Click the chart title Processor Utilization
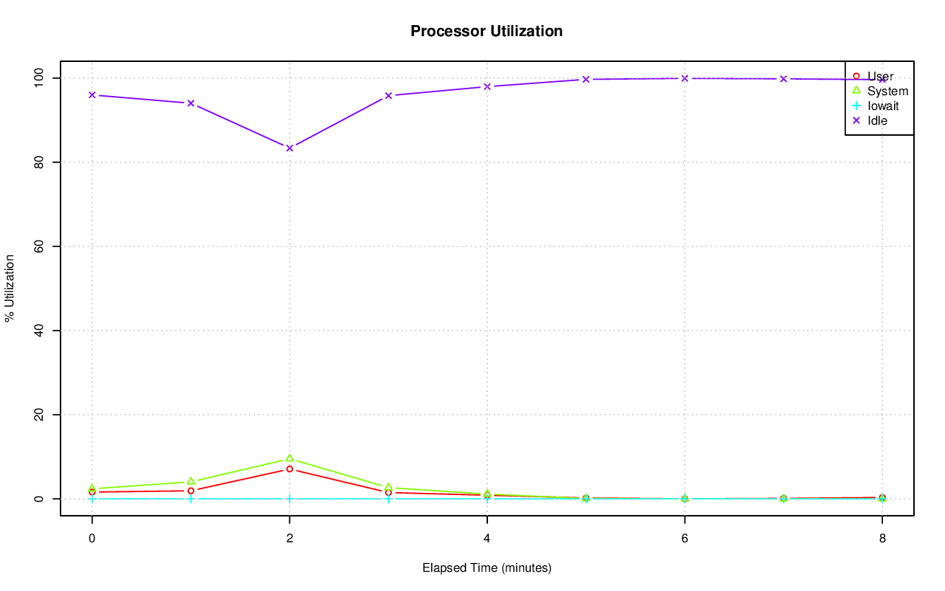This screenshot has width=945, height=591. tap(487, 31)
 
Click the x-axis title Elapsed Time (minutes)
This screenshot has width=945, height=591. tap(487, 568)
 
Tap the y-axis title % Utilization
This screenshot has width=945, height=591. tap(10, 288)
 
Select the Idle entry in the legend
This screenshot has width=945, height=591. tap(877, 120)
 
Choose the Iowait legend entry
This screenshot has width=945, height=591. tap(883, 106)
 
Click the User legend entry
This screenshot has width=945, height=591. tap(880, 76)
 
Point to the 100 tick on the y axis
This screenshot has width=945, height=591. tap(43, 77)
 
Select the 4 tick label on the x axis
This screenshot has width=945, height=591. tap(487, 538)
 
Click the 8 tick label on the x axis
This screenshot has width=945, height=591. tap(882, 538)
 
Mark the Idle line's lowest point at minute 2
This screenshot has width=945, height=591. tap(289, 148)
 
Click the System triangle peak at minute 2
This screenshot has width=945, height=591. tap(289, 458)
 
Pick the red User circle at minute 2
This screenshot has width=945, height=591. tap(289, 469)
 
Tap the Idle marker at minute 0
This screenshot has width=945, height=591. tap(92, 94)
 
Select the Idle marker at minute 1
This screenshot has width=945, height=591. tap(190, 103)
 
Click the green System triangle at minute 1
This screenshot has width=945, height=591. tap(190, 481)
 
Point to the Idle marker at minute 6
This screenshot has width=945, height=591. tap(684, 78)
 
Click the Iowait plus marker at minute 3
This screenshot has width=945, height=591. tap(388, 499)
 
